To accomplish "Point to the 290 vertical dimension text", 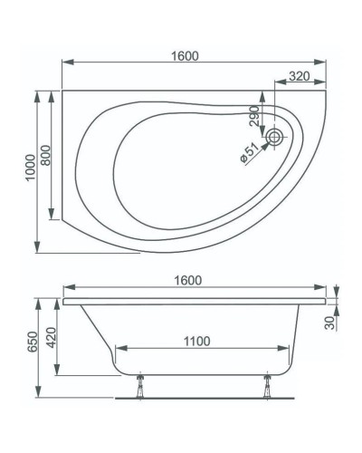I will [x=256, y=115].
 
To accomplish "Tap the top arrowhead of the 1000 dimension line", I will [x=37, y=92].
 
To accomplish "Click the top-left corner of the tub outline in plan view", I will [x=62, y=90].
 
